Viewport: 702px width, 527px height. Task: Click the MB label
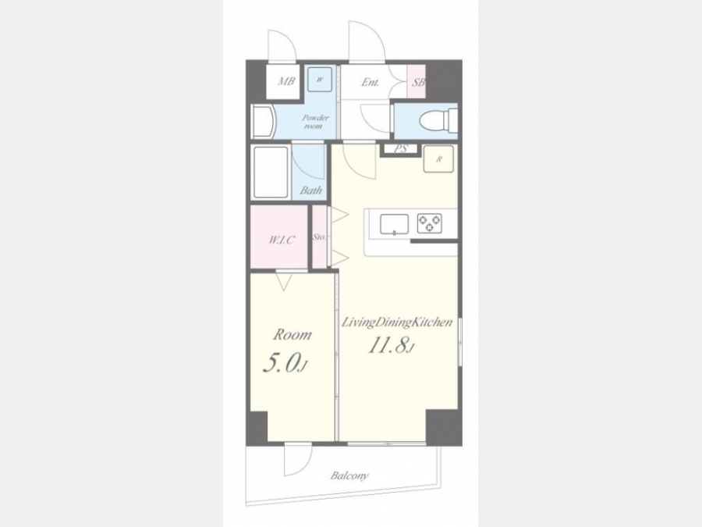click(x=286, y=81)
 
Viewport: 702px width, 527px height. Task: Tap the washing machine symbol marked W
click(x=320, y=80)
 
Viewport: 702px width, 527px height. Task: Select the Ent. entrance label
click(x=370, y=83)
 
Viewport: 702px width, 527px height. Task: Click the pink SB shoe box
click(x=416, y=81)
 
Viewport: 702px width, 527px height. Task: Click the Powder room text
click(x=315, y=122)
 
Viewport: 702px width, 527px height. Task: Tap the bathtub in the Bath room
click(x=271, y=172)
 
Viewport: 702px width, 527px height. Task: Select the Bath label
click(x=311, y=191)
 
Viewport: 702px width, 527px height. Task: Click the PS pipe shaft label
click(x=401, y=149)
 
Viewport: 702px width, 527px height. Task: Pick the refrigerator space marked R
click(x=438, y=159)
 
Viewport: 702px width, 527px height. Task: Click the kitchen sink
click(x=395, y=224)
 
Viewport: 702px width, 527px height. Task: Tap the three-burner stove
click(x=429, y=223)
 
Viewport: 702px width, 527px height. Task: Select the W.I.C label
click(x=282, y=240)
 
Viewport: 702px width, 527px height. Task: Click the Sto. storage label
click(x=319, y=237)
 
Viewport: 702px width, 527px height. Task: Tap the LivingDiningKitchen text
click(x=397, y=322)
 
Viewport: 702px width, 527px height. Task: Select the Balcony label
click(x=349, y=475)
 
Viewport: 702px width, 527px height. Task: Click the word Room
click(x=292, y=334)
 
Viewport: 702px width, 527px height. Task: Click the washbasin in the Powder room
click(x=264, y=122)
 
